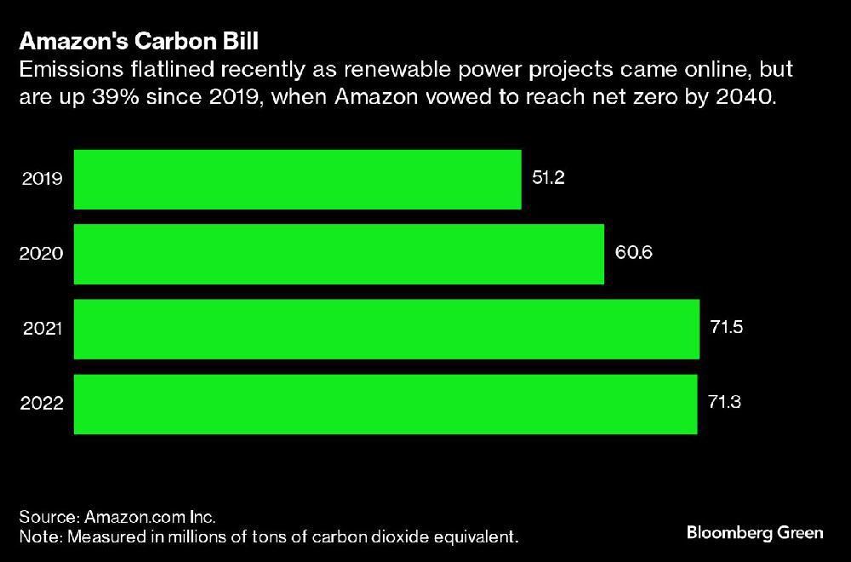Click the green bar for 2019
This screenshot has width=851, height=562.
pos(297,180)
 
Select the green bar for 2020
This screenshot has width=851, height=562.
pos(339,255)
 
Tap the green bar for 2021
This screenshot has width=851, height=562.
pos(386,330)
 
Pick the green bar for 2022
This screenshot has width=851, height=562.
pos(386,404)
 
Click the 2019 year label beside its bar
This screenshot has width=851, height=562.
pos(42,180)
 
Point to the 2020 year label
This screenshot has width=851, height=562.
pos(42,255)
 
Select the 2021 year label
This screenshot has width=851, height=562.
pos(42,330)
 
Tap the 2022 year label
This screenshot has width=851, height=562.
pos(42,404)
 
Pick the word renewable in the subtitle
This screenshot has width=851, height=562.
pos(380,69)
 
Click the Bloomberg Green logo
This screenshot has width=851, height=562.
pos(755,533)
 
